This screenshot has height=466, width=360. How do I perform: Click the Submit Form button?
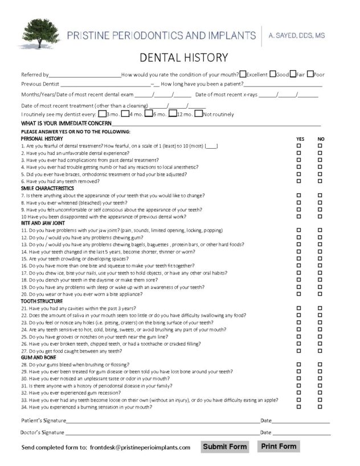click(x=225, y=447)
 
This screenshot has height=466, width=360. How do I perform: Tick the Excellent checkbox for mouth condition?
click(x=243, y=74)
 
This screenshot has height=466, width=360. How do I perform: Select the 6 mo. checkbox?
click(x=149, y=114)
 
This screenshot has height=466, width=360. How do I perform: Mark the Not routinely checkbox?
click(x=198, y=114)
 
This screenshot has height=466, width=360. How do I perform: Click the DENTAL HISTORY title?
click(x=180, y=57)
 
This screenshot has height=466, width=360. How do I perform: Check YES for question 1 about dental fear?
click(x=298, y=146)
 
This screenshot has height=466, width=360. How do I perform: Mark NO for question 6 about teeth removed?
click(x=320, y=181)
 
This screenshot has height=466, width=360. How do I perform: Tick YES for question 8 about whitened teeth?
click(x=298, y=202)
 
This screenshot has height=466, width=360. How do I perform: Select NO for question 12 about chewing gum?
click(x=320, y=237)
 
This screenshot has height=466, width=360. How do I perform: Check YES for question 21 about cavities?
click(x=298, y=308)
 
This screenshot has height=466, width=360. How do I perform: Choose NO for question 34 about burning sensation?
click(x=320, y=407)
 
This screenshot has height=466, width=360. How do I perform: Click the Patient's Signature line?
click(x=162, y=421)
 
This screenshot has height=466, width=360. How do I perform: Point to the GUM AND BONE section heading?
click(x=38, y=357)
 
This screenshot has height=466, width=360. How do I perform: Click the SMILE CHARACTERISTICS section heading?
click(x=47, y=188)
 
